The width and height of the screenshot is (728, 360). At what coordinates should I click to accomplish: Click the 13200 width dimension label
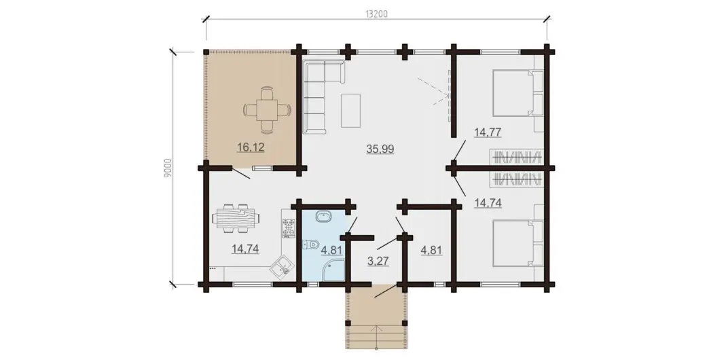376,14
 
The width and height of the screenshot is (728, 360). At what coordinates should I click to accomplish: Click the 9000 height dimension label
168,168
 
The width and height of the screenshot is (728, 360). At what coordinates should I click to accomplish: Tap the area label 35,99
380,149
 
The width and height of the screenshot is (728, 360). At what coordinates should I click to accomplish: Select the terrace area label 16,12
251,147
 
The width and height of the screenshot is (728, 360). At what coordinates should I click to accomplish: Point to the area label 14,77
487,132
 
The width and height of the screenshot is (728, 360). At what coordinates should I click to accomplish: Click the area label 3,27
378,261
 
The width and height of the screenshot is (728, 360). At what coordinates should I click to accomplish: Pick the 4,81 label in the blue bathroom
331,251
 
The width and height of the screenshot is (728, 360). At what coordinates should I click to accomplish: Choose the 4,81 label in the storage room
431,251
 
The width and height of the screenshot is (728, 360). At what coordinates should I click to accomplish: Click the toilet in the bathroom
310,245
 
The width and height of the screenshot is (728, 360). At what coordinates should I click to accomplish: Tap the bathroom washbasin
323,217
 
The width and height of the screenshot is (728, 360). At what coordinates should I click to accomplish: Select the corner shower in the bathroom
334,270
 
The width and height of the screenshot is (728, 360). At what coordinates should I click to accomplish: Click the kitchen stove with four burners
289,226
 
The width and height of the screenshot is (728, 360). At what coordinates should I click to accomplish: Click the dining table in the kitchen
235,218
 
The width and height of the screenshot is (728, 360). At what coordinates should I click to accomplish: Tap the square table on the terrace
267,109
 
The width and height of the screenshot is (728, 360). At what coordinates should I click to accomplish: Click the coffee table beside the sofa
351,110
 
